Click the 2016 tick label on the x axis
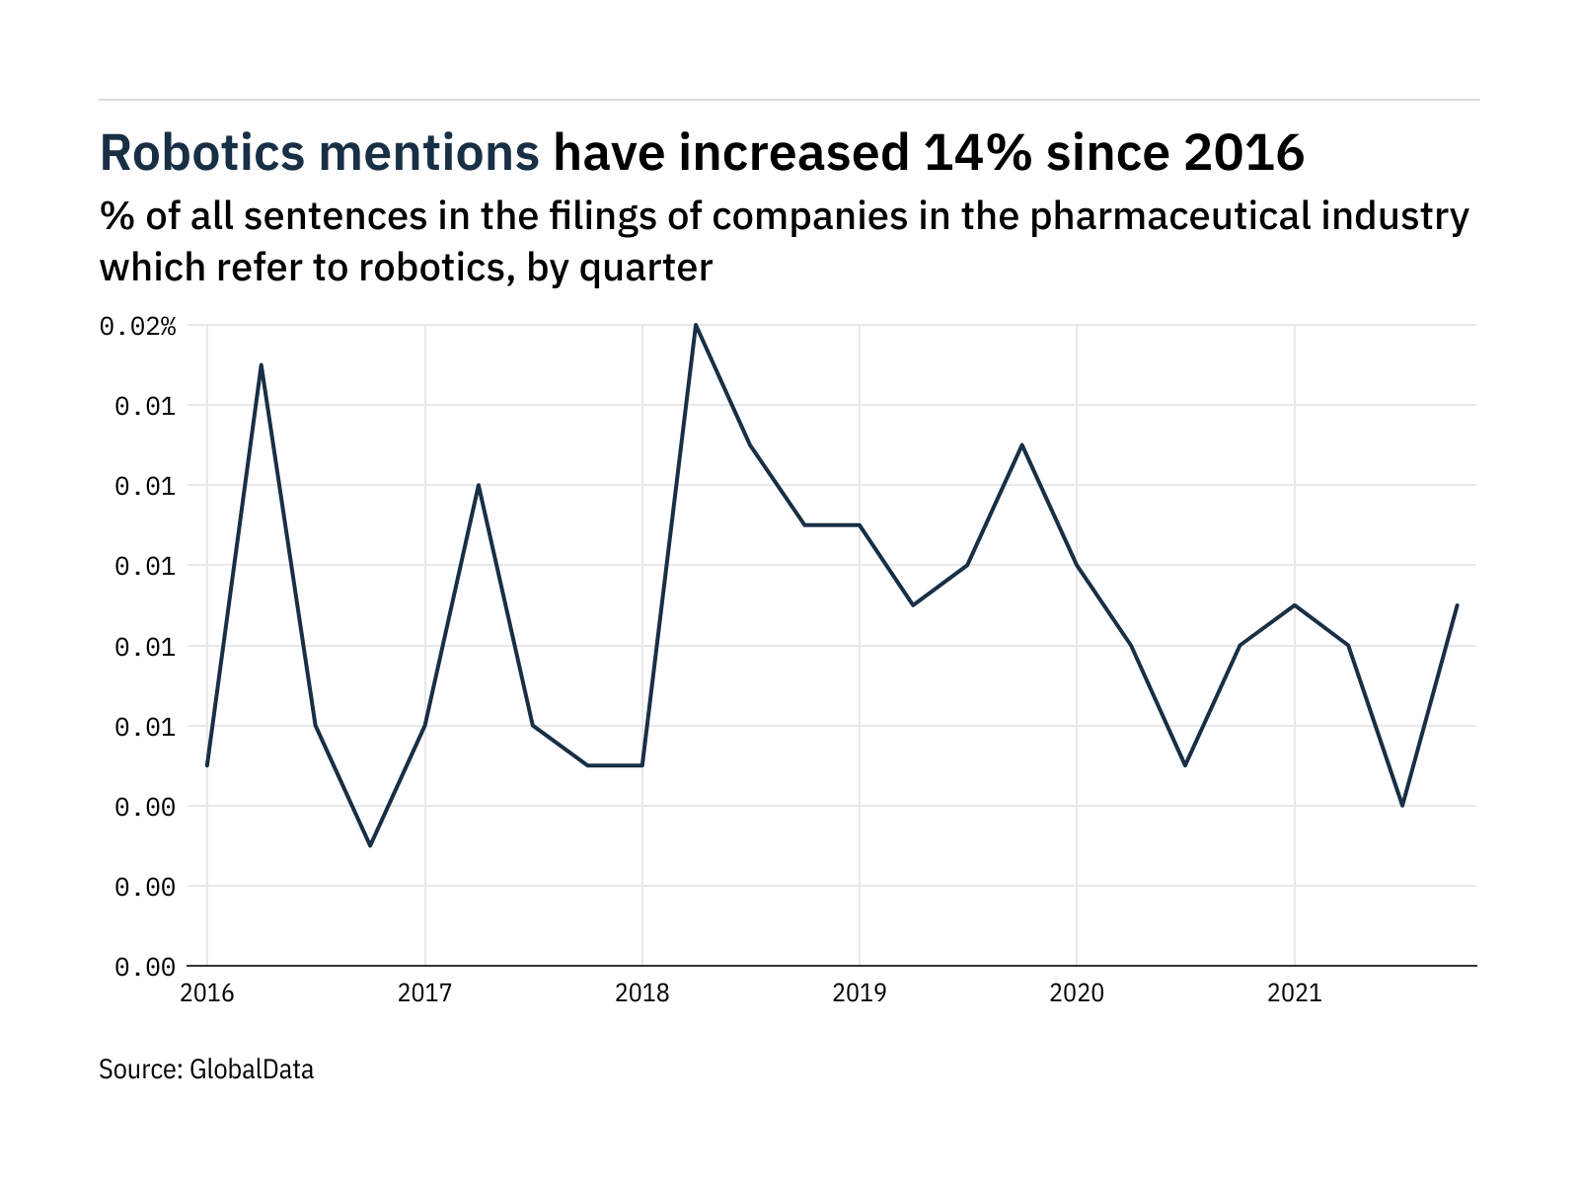pos(207,993)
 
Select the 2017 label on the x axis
pos(424,993)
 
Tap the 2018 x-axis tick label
pos(642,993)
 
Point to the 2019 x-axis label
pos(860,993)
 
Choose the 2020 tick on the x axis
pos(1077,993)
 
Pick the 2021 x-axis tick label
pos(1294,993)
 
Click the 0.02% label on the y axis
pos(138,327)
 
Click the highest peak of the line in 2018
pos(696,325)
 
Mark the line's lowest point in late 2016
pos(370,845)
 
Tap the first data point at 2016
pos(207,765)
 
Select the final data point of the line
pos(1457,605)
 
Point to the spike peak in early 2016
pos(262,365)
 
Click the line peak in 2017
pos(479,485)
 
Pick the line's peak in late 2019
pos(1022,444)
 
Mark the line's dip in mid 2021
pos(1402,806)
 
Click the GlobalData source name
pos(251,1069)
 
